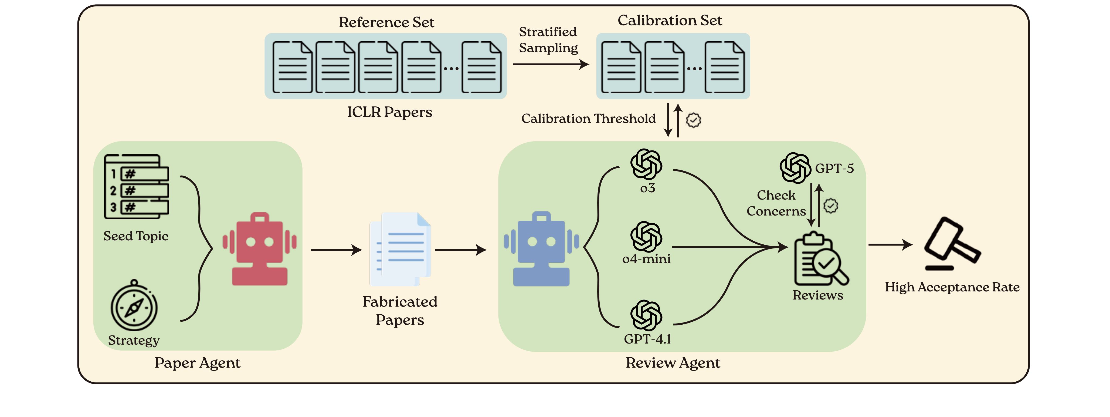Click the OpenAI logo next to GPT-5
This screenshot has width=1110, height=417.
tap(795, 168)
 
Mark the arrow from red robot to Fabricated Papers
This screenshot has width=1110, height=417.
tap(336, 250)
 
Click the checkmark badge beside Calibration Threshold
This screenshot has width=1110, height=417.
tap(693, 120)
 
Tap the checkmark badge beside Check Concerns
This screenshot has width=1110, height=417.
tap(831, 206)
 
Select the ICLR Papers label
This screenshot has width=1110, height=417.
tap(389, 112)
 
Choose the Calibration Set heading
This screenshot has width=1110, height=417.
tap(670, 20)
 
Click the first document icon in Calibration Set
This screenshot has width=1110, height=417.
tap(620, 67)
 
